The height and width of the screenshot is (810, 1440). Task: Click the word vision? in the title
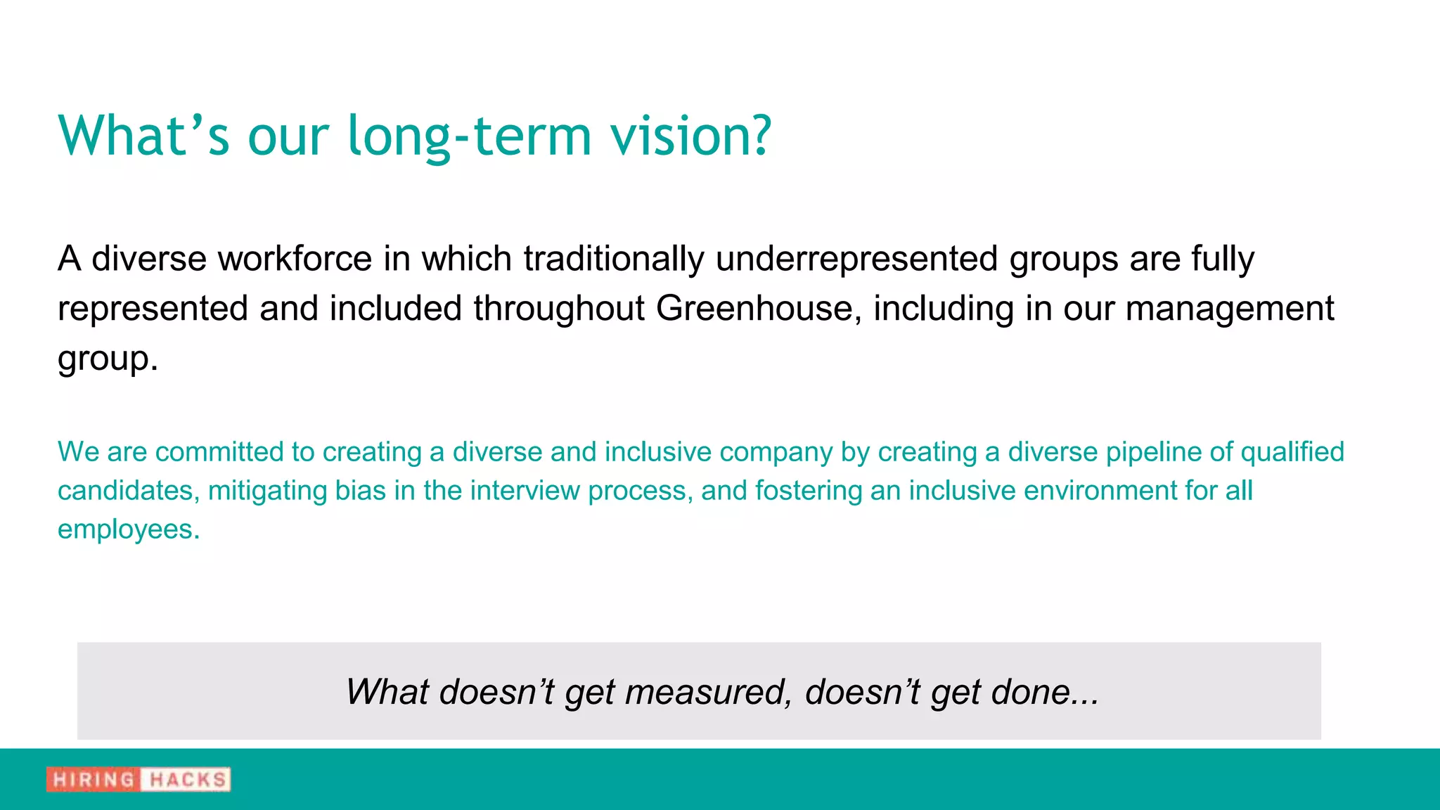pos(691,135)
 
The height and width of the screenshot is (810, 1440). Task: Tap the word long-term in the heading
pos(470,135)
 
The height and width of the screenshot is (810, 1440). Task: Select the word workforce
pos(295,259)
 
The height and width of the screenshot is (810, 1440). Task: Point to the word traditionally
pos(613,259)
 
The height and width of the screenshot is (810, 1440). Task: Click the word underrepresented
pos(856,259)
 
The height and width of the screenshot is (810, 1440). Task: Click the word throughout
pos(559,309)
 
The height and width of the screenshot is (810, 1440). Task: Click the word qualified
pos(1292,452)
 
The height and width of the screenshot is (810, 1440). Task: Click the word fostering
pos(808,491)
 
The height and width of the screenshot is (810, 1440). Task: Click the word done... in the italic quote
pos(1045,692)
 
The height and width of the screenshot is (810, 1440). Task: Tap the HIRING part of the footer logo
pos(94,780)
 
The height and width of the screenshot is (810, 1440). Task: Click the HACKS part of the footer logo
pos(187,780)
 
